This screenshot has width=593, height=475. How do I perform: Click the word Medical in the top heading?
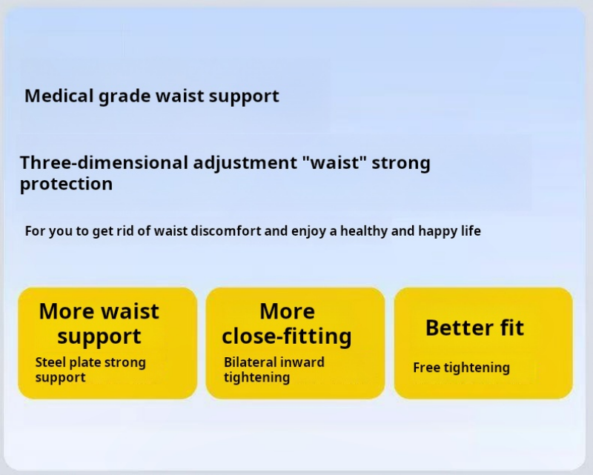pyautogui.click(x=59, y=96)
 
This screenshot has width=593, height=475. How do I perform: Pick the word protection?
pyautogui.click(x=66, y=185)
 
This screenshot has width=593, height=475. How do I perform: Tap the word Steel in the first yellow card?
pyautogui.click(x=50, y=362)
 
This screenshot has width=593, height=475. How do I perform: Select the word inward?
pyautogui.click(x=305, y=362)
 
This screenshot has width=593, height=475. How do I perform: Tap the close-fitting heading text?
pyautogui.click(x=287, y=336)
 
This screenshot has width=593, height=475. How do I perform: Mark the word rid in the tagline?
pyautogui.click(x=125, y=230)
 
